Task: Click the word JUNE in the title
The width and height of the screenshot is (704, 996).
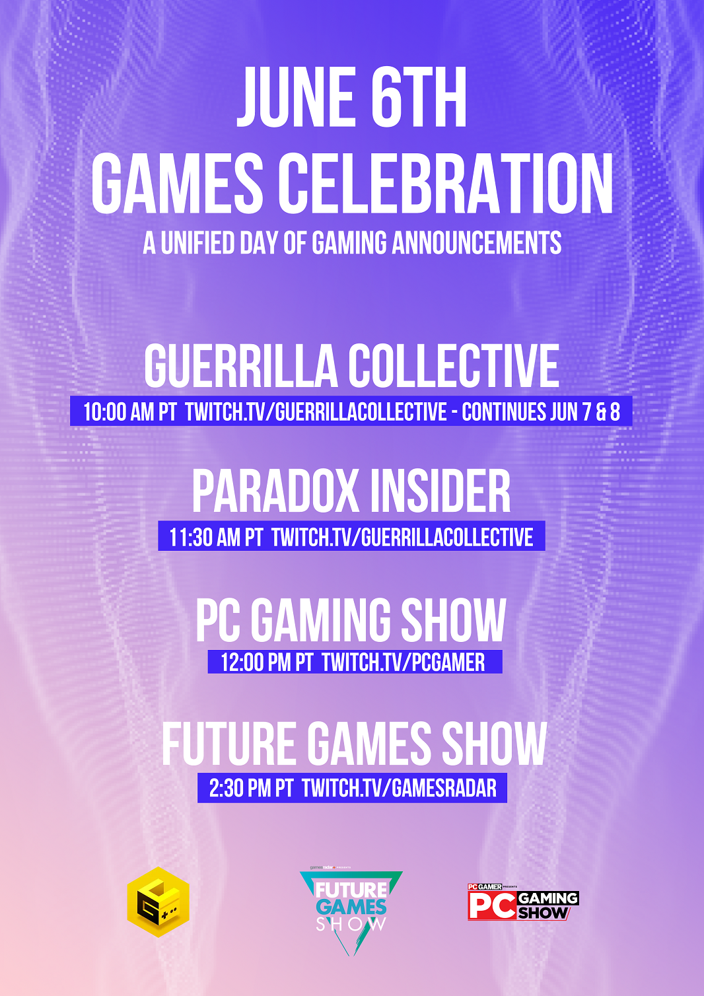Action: (295, 97)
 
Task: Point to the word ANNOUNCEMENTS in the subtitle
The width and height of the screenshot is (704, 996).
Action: (476, 243)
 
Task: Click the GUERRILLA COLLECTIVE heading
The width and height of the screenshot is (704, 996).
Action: (351, 367)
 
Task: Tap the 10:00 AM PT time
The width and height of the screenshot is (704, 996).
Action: (130, 411)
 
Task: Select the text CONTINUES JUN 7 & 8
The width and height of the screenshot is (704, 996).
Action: (540, 411)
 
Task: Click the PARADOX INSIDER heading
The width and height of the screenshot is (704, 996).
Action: (351, 492)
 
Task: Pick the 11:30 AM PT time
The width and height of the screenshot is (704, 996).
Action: (216, 537)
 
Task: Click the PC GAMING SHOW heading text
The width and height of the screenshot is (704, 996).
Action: (351, 620)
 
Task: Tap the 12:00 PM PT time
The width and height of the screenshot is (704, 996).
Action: (267, 662)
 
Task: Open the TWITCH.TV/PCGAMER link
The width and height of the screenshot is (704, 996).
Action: (403, 662)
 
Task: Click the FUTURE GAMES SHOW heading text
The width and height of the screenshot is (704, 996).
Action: (354, 744)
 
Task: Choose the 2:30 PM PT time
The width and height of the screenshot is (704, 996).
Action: (251, 788)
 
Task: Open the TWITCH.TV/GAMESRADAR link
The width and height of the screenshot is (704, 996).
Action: (399, 788)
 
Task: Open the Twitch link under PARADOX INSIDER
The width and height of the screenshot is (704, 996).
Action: (402, 537)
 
